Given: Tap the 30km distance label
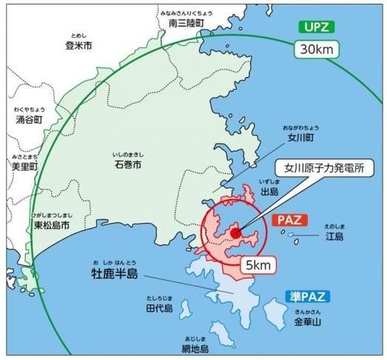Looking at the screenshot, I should coord(317,50).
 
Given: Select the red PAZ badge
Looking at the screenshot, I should coord(289,221).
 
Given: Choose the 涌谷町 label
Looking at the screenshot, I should coord(30,119).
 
